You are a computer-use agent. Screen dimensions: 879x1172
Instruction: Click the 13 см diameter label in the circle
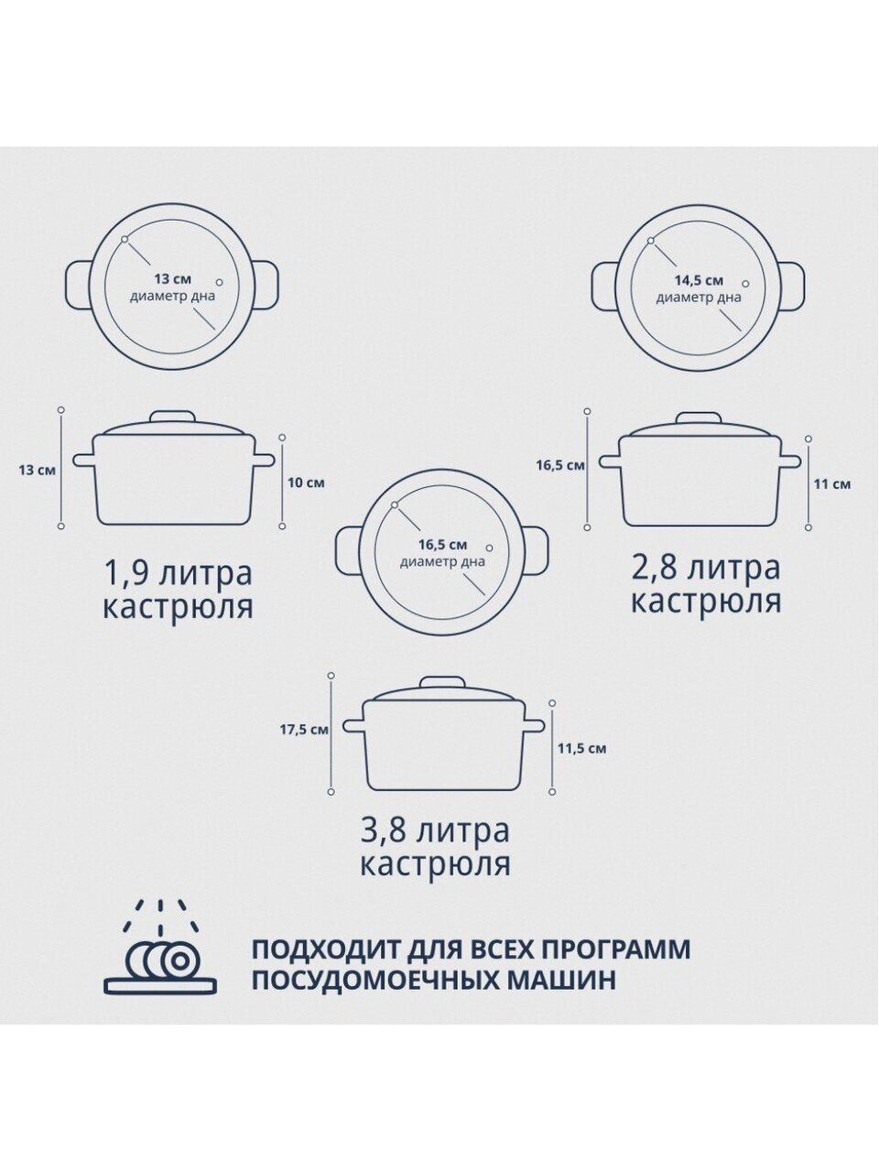tap(172, 278)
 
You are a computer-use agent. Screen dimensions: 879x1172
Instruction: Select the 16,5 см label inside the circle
tap(442, 545)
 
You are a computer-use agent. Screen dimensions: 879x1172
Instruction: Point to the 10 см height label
tap(306, 483)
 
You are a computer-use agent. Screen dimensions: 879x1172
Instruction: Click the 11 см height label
tap(832, 484)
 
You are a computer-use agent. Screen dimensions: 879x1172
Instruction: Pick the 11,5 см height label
tap(581, 749)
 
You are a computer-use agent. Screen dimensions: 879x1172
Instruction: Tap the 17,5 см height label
tap(304, 730)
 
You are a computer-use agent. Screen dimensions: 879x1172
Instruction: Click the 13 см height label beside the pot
tap(38, 471)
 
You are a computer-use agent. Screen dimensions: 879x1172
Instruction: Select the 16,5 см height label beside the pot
tap(560, 466)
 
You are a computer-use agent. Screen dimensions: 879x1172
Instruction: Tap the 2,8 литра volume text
tap(706, 568)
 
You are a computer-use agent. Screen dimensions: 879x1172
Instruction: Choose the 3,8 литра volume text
tap(436, 831)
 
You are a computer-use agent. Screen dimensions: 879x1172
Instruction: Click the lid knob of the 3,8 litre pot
tap(443, 683)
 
